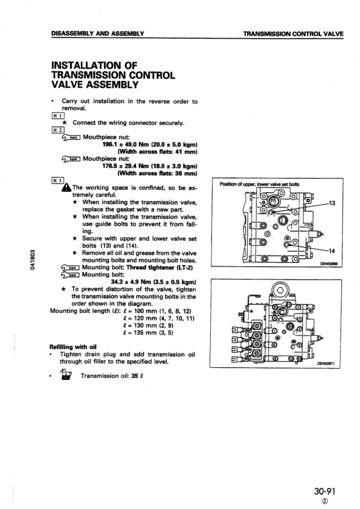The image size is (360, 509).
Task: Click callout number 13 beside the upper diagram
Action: point(331,203)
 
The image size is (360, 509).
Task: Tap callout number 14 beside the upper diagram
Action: point(331,250)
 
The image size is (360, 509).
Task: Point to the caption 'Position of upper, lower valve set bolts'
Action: point(256,184)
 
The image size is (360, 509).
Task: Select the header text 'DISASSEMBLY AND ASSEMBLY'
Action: point(96,33)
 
